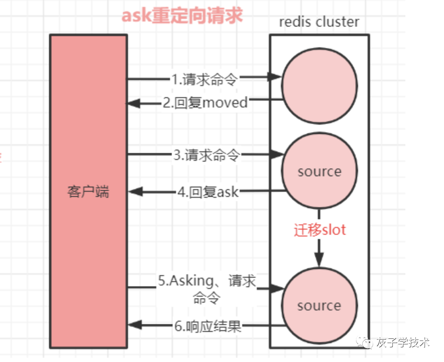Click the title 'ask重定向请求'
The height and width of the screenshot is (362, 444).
[182, 15]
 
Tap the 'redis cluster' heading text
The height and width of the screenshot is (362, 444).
[319, 22]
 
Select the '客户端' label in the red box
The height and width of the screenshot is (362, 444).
[88, 192]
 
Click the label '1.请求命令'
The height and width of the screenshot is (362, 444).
[204, 79]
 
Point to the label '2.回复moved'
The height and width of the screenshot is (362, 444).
[205, 103]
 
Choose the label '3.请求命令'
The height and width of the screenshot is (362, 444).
[206, 155]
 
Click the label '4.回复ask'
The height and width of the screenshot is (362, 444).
[208, 192]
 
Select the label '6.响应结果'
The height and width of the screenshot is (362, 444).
[208, 327]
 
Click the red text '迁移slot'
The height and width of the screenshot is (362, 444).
[320, 230]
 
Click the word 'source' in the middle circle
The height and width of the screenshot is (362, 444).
[319, 172]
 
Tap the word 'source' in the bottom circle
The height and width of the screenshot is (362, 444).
[319, 306]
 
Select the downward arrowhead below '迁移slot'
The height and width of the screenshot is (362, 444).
[319, 259]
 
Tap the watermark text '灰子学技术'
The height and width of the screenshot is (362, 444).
[402, 343]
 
